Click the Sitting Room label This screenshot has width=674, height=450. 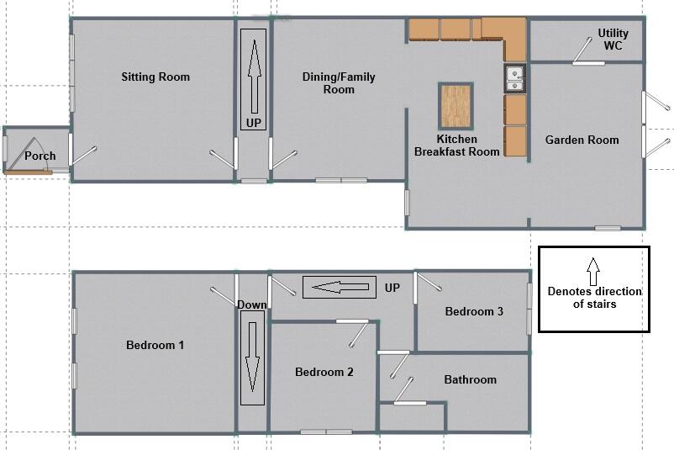155,77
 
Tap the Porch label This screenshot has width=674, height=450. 39,156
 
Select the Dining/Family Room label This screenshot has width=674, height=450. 339,82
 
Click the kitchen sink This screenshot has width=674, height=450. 514,78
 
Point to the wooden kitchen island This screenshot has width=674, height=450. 455,106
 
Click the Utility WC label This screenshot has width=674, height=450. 613,40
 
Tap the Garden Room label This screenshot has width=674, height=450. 582,140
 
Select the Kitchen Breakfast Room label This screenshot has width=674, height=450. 457,146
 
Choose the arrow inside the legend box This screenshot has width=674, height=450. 593,272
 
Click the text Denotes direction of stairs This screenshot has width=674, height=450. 594,298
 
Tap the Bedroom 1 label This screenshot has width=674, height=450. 155,345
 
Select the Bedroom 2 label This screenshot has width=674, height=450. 324,372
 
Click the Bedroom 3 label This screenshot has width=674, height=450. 474,311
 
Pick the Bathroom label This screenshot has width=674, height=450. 470,379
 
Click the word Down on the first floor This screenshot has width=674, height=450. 251,304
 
